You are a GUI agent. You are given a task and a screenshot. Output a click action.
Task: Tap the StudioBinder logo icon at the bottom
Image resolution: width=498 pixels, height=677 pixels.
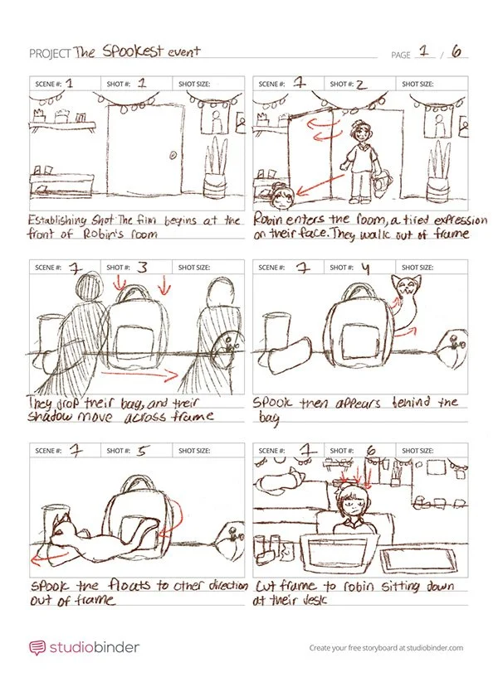37,647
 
